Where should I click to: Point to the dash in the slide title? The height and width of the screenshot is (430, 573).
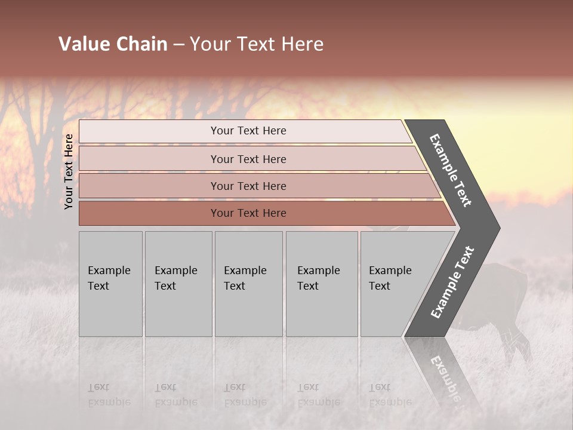pos(178,45)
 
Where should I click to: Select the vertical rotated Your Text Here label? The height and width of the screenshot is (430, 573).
pos(69,171)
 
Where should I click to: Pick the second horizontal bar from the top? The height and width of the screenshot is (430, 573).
pos(248,159)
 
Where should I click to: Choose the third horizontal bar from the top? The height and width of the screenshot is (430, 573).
pos(248,186)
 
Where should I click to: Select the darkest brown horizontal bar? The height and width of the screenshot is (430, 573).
pos(248,213)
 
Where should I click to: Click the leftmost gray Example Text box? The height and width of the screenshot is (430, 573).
pos(110,284)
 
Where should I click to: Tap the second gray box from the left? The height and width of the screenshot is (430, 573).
pos(178,284)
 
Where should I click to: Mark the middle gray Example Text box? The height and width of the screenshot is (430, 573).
pos(248,284)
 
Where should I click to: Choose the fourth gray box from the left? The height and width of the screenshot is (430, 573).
pos(321,284)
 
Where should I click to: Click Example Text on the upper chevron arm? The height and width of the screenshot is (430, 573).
pos(451,170)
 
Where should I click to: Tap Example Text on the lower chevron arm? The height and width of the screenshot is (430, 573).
pos(452,282)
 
